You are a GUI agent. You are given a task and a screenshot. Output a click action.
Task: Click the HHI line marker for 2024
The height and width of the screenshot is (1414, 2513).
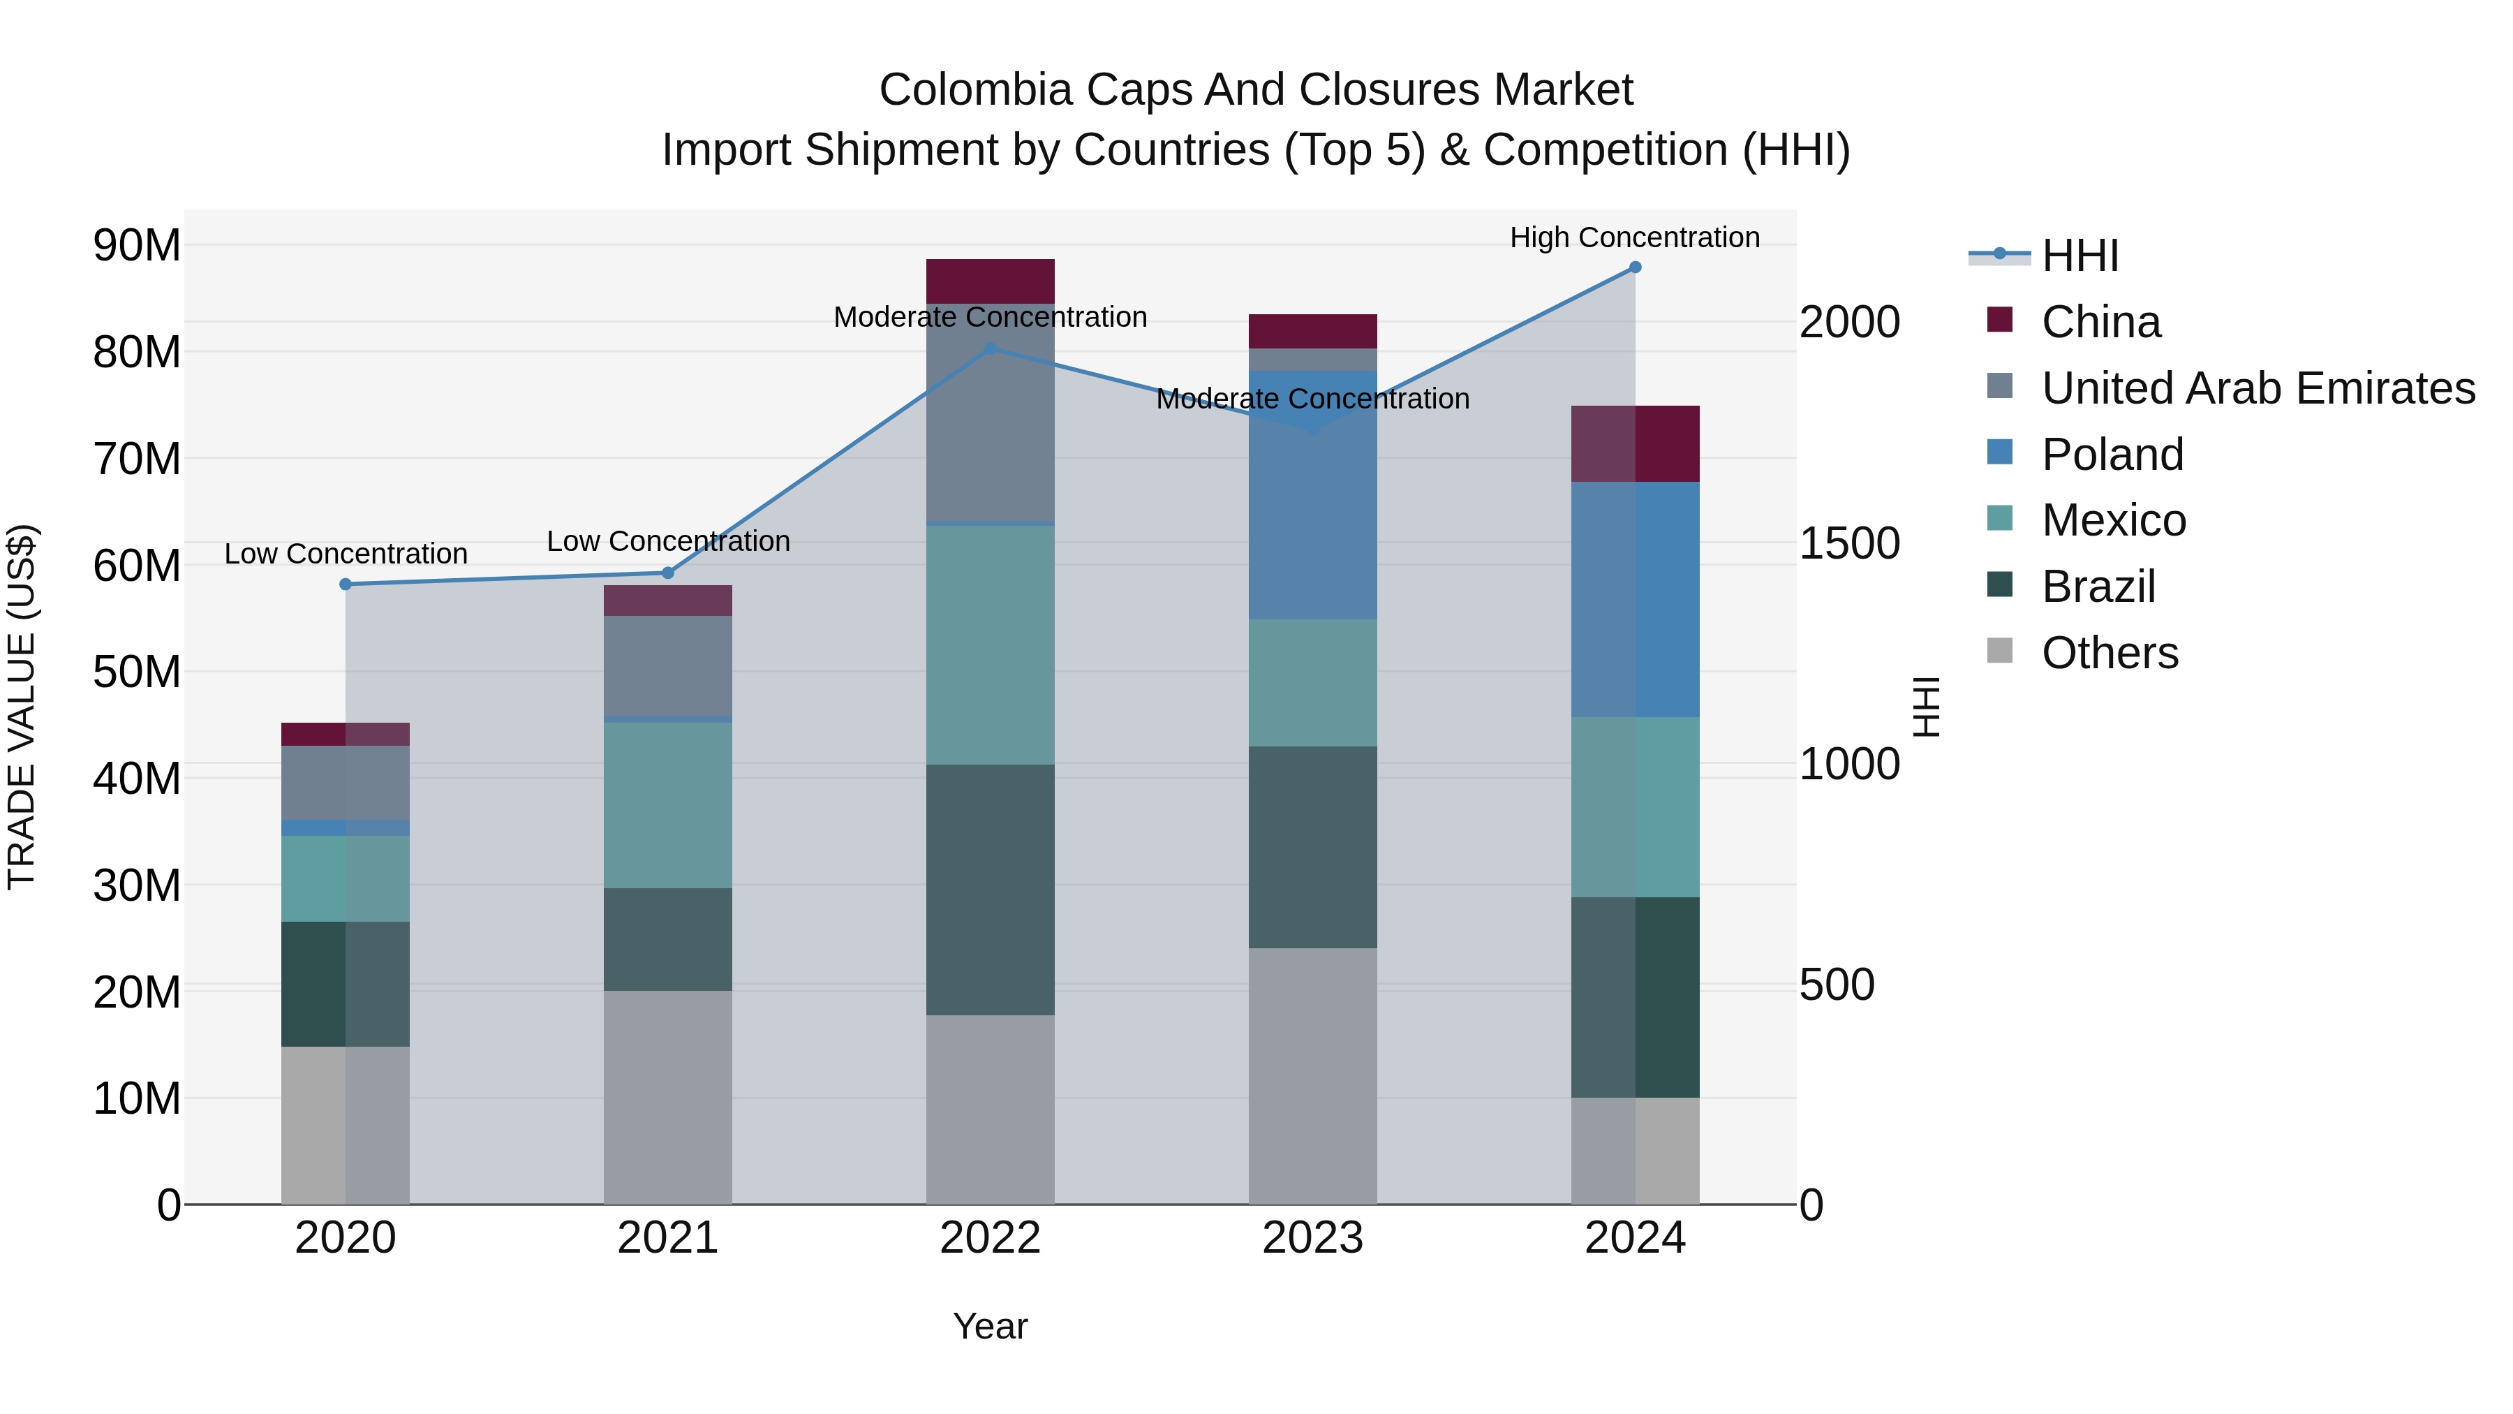(1635, 267)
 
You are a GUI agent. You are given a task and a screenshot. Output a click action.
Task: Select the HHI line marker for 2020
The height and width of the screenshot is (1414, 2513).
(346, 584)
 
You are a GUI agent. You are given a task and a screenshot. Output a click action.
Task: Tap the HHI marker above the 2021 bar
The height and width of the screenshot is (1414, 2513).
(668, 573)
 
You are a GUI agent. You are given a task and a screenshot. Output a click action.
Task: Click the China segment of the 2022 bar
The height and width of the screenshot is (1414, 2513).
(990, 281)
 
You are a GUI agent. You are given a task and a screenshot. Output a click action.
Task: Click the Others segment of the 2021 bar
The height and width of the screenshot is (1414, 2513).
(668, 1097)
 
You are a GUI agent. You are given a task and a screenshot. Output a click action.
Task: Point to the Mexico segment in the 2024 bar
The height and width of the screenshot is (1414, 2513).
(1635, 807)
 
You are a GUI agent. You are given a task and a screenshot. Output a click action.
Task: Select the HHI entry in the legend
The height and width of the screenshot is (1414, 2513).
(2078, 256)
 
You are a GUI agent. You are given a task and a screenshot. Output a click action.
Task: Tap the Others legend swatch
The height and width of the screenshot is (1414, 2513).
(2000, 651)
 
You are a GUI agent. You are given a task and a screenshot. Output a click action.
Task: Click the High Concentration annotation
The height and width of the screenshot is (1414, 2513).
(1635, 237)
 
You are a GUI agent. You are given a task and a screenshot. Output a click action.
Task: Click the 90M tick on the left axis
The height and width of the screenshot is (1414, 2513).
(137, 245)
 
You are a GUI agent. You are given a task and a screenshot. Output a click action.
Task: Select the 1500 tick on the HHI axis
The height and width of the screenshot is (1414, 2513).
(1848, 543)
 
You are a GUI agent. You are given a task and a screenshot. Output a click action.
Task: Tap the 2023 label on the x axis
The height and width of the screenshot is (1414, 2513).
(1312, 1238)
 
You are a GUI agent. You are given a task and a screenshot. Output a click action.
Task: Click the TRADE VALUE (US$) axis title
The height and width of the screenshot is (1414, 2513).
(22, 707)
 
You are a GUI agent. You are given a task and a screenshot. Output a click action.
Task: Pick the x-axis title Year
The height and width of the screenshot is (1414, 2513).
(989, 1326)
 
